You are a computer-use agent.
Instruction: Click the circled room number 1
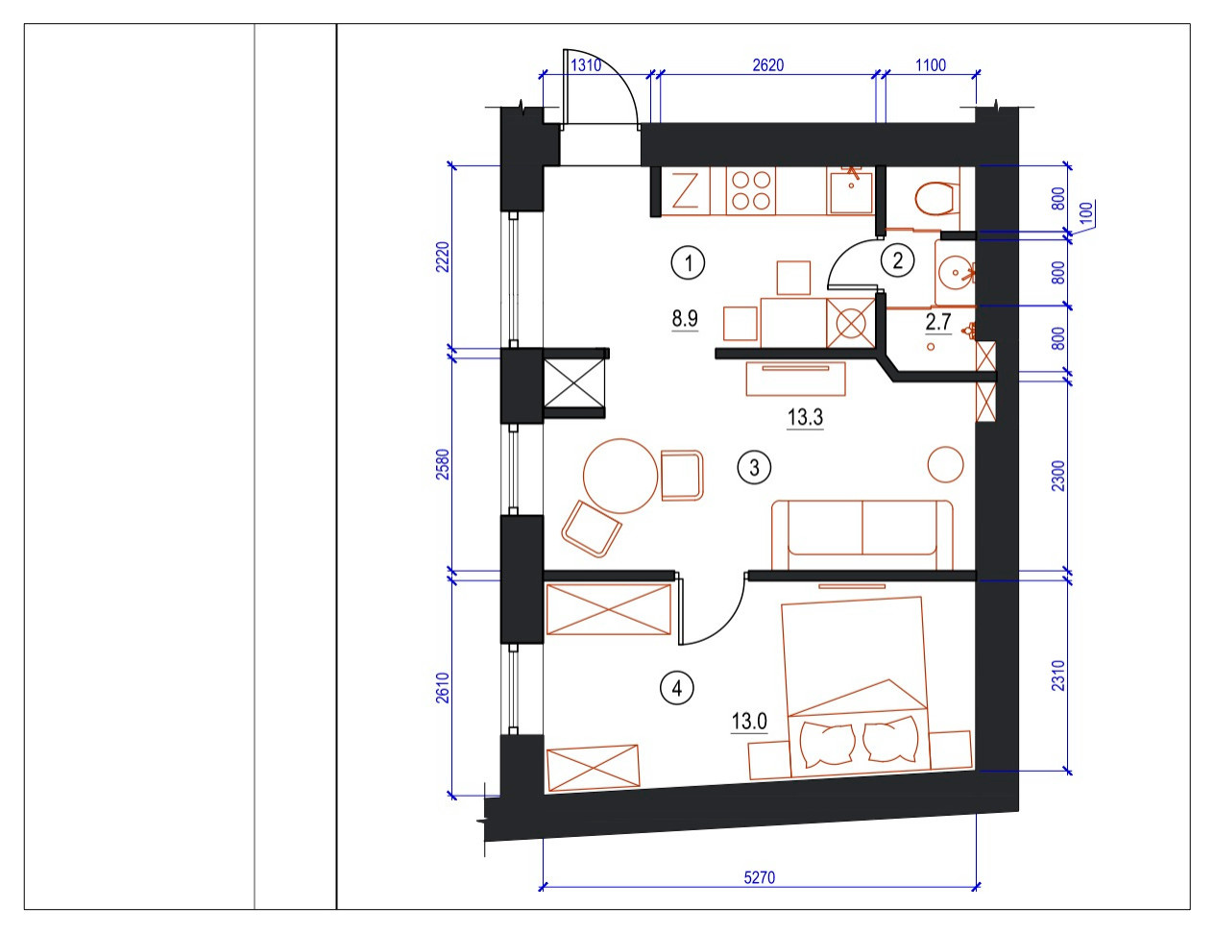click(688, 262)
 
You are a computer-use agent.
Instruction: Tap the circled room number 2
click(897, 260)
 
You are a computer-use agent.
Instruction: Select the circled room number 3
click(754, 468)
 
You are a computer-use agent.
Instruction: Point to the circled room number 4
click(677, 688)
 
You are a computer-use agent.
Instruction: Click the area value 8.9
click(685, 318)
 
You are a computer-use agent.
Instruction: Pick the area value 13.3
click(805, 417)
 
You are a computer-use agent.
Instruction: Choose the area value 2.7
click(937, 322)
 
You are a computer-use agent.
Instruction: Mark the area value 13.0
click(749, 721)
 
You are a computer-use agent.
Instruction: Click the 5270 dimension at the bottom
click(759, 877)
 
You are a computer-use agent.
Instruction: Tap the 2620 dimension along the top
click(767, 65)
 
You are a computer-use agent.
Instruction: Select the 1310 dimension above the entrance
click(586, 65)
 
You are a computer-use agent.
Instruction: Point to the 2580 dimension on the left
click(443, 464)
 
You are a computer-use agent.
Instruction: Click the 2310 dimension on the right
click(1058, 675)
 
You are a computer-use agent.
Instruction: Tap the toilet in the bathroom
click(934, 199)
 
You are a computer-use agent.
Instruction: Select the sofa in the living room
click(862, 530)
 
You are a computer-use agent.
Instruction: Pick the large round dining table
click(621, 476)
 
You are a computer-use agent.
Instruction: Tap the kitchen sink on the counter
click(850, 191)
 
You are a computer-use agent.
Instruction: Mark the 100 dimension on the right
click(1086, 212)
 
